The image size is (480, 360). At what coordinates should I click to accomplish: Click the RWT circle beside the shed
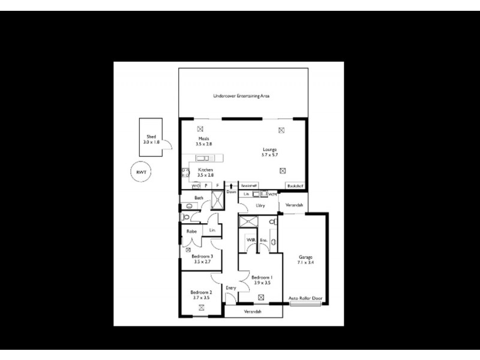(x=141, y=172)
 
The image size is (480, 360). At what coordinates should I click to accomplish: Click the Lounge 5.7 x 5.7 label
(x=269, y=151)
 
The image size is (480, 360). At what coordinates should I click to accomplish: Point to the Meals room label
(x=203, y=141)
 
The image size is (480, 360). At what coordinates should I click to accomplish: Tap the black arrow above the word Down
(x=231, y=178)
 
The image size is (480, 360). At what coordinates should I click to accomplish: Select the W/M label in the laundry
(x=272, y=194)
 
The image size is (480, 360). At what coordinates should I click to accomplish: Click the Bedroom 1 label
(x=262, y=280)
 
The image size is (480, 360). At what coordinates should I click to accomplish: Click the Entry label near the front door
(x=231, y=288)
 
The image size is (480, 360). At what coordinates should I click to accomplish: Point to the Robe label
(x=192, y=231)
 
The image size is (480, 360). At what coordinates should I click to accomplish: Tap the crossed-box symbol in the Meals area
(x=200, y=128)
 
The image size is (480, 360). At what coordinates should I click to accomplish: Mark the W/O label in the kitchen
(x=196, y=186)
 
